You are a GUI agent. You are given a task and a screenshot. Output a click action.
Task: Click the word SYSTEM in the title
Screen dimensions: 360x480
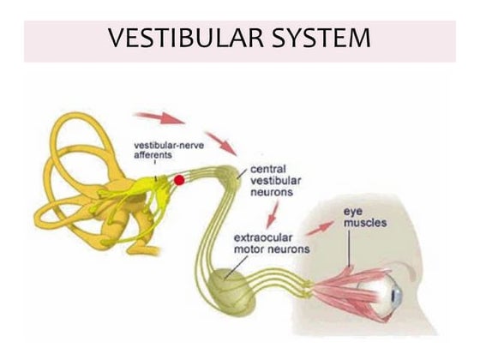tap(321, 39)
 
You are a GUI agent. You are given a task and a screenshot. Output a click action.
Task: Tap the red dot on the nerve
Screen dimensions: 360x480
tap(179, 180)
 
